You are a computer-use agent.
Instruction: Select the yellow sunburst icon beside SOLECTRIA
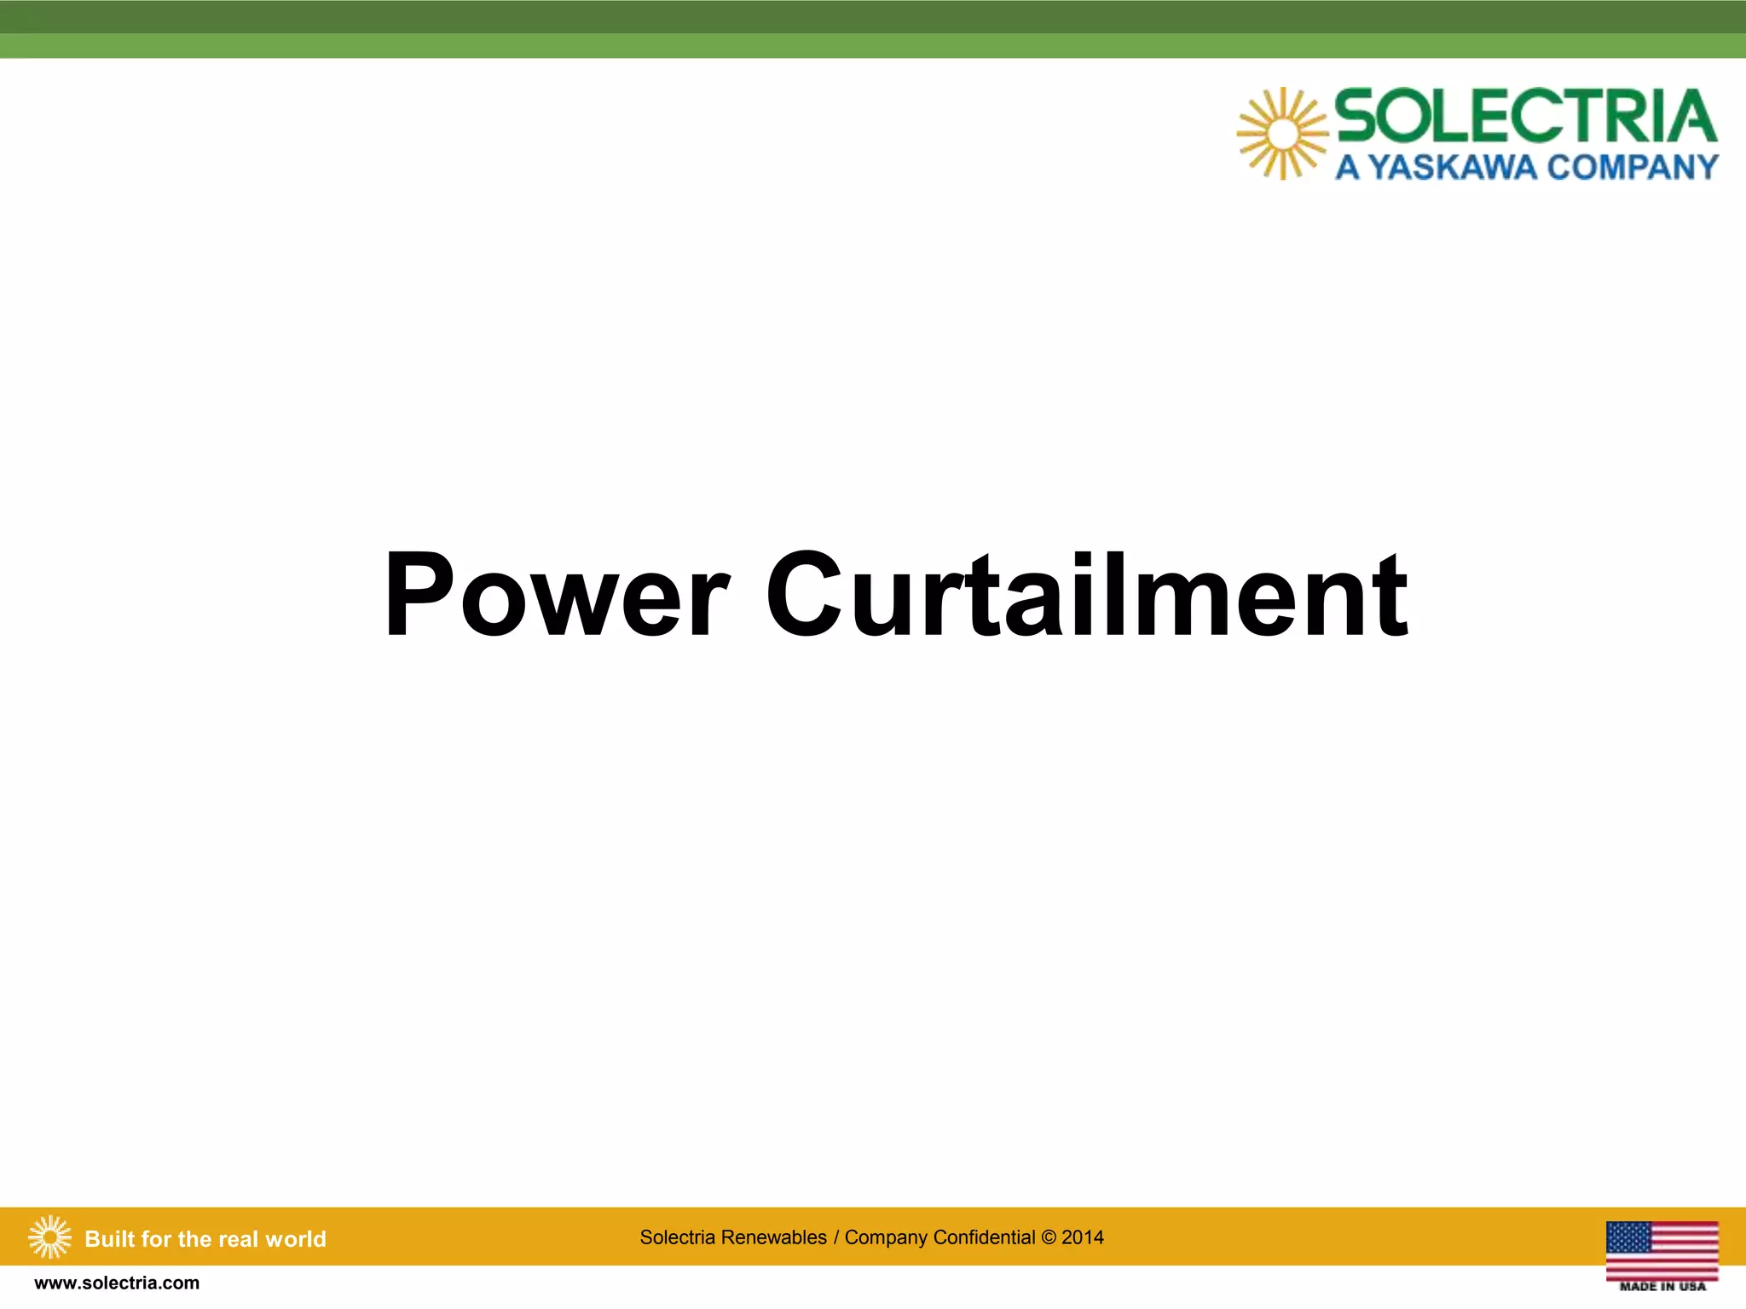click(x=1282, y=134)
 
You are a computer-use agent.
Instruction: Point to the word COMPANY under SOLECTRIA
click(x=1633, y=167)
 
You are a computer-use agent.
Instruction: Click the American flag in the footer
click(x=1662, y=1249)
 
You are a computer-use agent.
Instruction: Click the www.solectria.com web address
click(x=117, y=1283)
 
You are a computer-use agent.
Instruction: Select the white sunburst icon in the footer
click(x=49, y=1237)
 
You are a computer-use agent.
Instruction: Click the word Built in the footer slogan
click(x=109, y=1239)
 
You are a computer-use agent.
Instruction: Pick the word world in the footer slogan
click(x=296, y=1239)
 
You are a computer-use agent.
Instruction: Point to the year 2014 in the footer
click(x=1083, y=1237)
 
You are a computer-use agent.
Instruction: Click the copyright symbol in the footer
click(x=1049, y=1237)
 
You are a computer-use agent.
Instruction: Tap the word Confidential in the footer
click(x=985, y=1237)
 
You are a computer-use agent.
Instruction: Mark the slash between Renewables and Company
click(x=836, y=1237)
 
